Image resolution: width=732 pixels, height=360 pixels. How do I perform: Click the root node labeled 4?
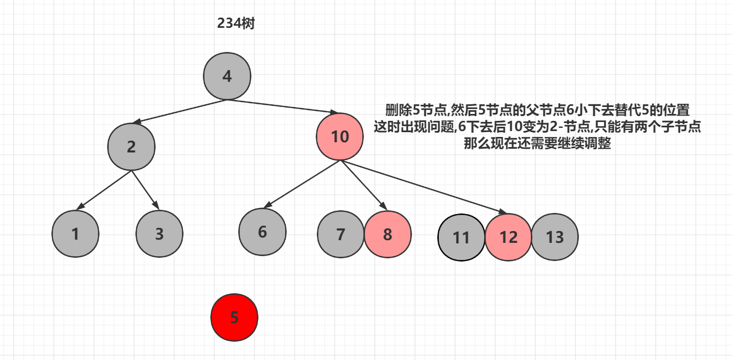(227, 76)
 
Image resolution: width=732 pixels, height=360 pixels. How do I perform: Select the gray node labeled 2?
(131, 147)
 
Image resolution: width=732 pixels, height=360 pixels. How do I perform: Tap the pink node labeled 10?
(340, 137)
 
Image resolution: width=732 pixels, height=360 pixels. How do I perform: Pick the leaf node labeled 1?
(75, 234)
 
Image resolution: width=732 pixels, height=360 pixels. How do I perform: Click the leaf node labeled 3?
(159, 234)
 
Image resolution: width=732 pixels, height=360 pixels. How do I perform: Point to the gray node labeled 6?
(262, 232)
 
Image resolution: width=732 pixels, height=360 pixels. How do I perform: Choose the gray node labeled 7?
(341, 234)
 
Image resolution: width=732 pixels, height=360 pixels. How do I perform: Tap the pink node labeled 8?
(388, 234)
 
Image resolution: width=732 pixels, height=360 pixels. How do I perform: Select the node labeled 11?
(461, 237)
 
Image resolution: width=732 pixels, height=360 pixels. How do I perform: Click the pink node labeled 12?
(508, 237)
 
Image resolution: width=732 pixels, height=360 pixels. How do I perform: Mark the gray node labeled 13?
(555, 237)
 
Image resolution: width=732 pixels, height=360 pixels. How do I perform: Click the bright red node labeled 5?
(234, 317)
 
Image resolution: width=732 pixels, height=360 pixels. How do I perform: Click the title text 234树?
(236, 24)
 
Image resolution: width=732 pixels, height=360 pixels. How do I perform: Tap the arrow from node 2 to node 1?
(105, 190)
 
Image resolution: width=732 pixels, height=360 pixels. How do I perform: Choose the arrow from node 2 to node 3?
(145, 190)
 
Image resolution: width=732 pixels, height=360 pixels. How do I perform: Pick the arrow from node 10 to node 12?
(423, 187)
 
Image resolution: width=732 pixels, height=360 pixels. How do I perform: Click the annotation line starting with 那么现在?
(537, 144)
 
